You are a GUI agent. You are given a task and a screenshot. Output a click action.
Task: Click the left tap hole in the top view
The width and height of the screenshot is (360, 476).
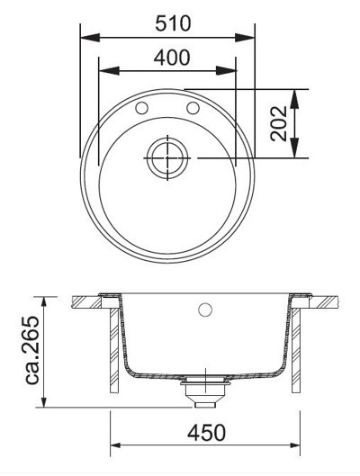coord(141,108)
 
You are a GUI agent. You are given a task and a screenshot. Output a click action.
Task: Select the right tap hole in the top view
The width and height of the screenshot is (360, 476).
coord(192,108)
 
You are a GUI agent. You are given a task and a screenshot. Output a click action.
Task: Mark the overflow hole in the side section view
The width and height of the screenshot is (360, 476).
coord(203,311)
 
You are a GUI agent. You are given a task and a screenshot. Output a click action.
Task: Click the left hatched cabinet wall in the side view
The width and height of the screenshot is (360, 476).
coord(112,351)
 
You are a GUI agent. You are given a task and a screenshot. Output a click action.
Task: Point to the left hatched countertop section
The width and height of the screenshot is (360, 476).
coord(85,301)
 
